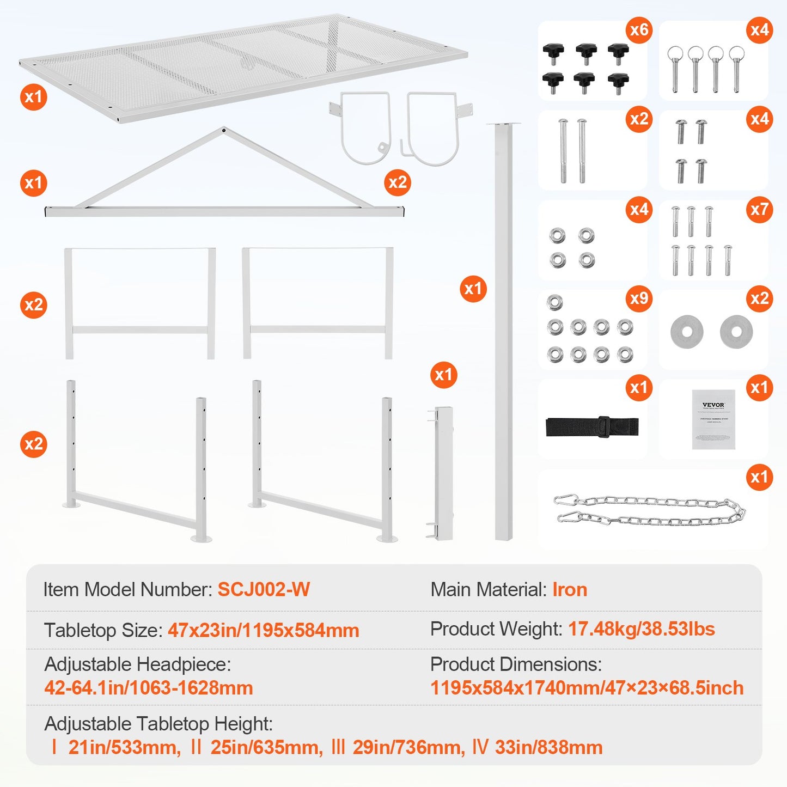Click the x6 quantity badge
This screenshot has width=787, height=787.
639,29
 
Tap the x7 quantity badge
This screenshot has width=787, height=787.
759,209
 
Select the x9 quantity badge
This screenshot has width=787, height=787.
639,298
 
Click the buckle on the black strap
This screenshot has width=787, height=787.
603,426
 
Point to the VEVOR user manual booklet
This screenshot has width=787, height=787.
713,419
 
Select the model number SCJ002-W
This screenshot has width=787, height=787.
264,589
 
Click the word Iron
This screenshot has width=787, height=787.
570,589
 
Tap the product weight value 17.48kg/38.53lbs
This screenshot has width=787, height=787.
641,629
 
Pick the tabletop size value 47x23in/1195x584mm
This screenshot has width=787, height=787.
263,630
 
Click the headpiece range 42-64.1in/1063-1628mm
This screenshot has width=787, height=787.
149,688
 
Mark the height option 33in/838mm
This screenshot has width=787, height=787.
548,747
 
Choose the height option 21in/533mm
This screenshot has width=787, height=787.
124,747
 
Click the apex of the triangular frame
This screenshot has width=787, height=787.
223,130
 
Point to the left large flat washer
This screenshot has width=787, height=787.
687,331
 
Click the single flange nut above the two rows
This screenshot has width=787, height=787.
554,302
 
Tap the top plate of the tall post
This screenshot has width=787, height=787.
503,125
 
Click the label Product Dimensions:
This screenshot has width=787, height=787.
516,664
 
